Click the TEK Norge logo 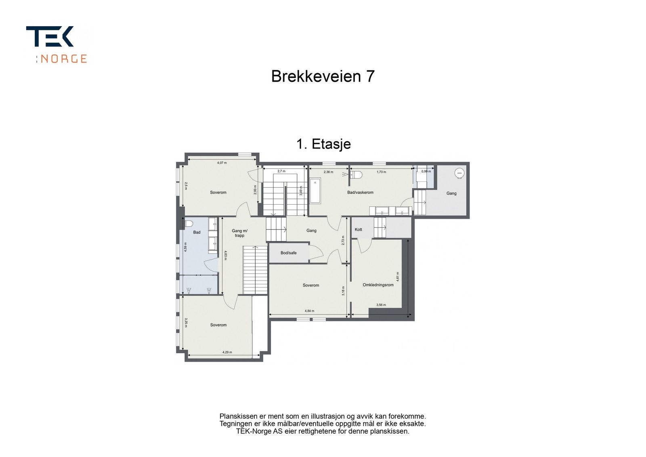click(x=57, y=44)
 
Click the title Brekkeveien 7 click(x=323, y=76)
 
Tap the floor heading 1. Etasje click(x=323, y=144)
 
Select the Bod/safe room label click(x=288, y=253)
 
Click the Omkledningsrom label click(x=378, y=285)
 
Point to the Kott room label click(x=359, y=230)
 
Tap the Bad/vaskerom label click(x=360, y=193)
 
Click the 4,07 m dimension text click(x=222, y=163)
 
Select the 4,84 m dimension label click(x=309, y=311)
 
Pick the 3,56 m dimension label click(x=381, y=305)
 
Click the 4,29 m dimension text click(x=227, y=352)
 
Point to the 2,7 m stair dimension click(x=281, y=172)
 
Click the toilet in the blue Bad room click(x=189, y=223)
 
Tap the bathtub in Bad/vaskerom click(x=315, y=191)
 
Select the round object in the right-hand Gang click(x=459, y=173)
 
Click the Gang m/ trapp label click(x=239, y=233)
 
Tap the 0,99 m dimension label click(x=426, y=172)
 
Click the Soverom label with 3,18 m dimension click(x=311, y=285)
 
